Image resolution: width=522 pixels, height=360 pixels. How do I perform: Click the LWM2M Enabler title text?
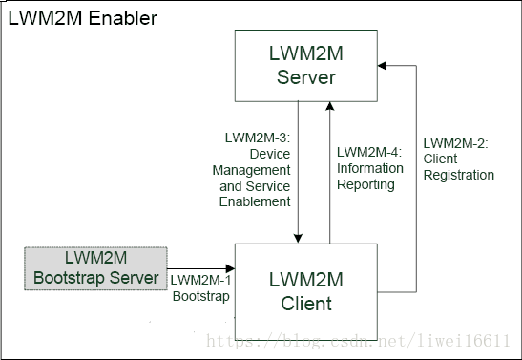click(83, 19)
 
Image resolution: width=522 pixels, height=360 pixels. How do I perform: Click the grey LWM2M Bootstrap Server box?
click(94, 268)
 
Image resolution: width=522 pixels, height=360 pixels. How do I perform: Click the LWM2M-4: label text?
click(370, 152)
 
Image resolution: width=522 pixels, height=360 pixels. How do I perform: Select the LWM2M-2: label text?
click(455, 142)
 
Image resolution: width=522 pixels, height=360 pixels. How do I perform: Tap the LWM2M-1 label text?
click(200, 280)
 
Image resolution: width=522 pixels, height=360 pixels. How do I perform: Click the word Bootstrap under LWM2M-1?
click(200, 296)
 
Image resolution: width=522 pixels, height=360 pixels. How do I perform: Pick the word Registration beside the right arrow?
click(459, 175)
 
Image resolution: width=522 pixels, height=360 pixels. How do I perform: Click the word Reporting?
click(365, 184)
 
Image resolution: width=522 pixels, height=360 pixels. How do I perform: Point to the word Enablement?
click(255, 201)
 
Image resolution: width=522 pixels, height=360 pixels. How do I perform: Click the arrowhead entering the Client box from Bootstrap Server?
click(230, 269)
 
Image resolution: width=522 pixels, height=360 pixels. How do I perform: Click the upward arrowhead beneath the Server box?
click(330, 105)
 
